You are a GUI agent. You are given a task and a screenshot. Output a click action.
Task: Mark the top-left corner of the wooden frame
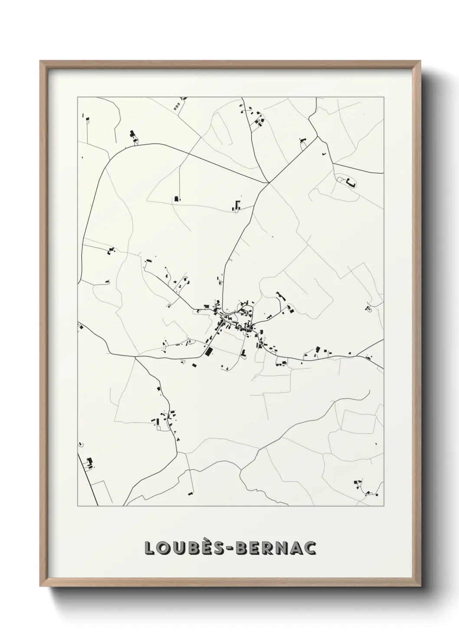coord(40,61)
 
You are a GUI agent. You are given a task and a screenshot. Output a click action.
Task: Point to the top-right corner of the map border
coord(384,97)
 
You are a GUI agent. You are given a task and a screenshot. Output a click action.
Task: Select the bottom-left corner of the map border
coord(78,506)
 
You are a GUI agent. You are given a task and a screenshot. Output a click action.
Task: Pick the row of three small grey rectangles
coord(176,106)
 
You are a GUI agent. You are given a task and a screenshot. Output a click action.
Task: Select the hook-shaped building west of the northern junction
coord(237,205)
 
